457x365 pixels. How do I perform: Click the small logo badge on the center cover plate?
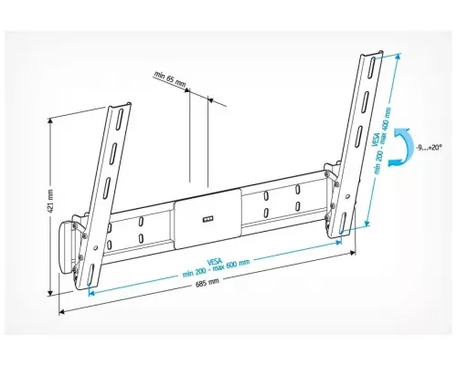(x=205, y=217)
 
